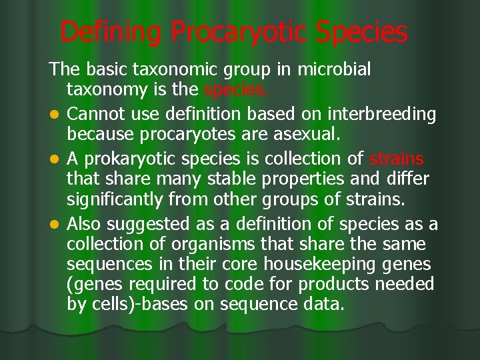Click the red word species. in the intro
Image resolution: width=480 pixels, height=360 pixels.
[x=237, y=90]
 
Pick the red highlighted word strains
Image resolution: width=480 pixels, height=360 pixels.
[x=396, y=159]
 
